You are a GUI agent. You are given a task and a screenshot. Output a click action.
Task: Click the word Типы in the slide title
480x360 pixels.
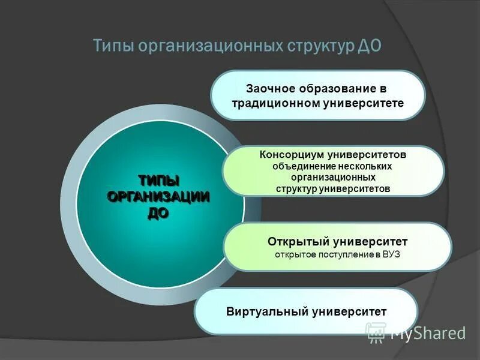(x=113, y=47)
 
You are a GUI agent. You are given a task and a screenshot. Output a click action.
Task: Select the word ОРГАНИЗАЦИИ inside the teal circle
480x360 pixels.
(x=158, y=197)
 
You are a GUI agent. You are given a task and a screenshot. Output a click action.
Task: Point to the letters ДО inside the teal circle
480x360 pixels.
(x=158, y=213)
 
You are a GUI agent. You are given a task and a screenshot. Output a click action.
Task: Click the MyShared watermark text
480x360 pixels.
(x=427, y=333)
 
